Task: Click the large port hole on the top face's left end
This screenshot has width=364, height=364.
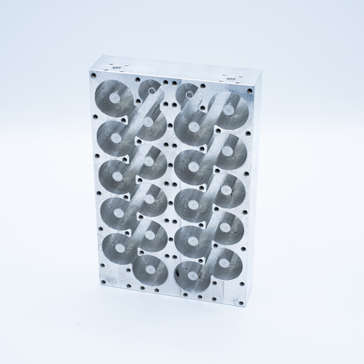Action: (x=116, y=66)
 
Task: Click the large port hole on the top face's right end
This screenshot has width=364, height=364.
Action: (x=231, y=77)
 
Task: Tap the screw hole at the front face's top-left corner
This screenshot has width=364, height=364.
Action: (x=93, y=75)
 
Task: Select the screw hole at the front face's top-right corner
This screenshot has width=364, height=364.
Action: (x=250, y=91)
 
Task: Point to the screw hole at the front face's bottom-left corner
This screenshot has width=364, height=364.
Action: (x=102, y=283)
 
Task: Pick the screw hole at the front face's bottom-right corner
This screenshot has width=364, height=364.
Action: (x=241, y=303)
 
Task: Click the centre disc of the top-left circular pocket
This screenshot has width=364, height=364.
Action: (x=114, y=98)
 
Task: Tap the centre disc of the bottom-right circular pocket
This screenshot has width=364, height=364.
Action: (x=224, y=263)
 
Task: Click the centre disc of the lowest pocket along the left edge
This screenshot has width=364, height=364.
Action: (x=120, y=248)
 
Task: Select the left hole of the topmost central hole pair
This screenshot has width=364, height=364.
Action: (x=166, y=82)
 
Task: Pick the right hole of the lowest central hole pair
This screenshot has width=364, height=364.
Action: (x=174, y=256)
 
